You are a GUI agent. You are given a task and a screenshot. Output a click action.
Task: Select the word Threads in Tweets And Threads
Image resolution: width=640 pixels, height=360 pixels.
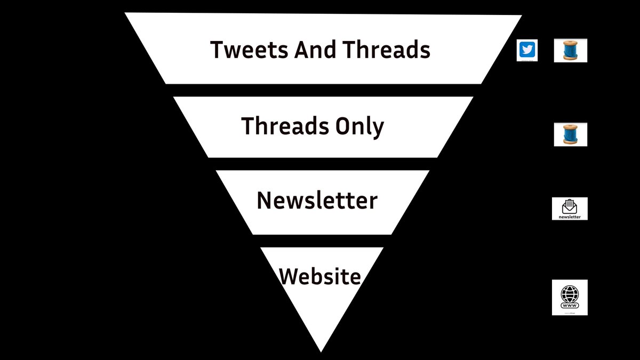[x=386, y=50]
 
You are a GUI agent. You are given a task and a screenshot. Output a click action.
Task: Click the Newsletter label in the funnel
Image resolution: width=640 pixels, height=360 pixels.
[x=317, y=201]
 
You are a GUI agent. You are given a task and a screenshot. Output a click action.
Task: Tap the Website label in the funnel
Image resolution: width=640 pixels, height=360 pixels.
[x=320, y=276]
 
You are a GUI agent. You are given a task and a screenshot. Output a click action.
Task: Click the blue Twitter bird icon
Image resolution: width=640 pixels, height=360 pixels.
[x=527, y=50]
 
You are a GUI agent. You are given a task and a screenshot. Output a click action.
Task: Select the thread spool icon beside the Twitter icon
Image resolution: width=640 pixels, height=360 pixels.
[x=570, y=51]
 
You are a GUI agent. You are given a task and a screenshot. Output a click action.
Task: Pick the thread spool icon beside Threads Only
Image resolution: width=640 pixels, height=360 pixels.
[x=570, y=134]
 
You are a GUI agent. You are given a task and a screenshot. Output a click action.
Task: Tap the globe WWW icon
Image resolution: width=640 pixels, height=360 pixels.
[x=570, y=294]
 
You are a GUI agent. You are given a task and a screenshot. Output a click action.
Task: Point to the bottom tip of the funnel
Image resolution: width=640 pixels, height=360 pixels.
[x=321, y=349]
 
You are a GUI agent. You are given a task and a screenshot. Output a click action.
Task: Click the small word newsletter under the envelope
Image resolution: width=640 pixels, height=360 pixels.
[x=570, y=217]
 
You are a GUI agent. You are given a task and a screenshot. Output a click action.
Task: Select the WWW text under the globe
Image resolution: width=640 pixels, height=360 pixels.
[x=570, y=306]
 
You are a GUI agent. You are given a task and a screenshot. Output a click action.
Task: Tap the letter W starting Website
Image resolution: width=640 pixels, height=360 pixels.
[x=289, y=277]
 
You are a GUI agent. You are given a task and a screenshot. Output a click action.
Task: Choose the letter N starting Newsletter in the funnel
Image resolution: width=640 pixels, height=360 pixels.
[x=265, y=201]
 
